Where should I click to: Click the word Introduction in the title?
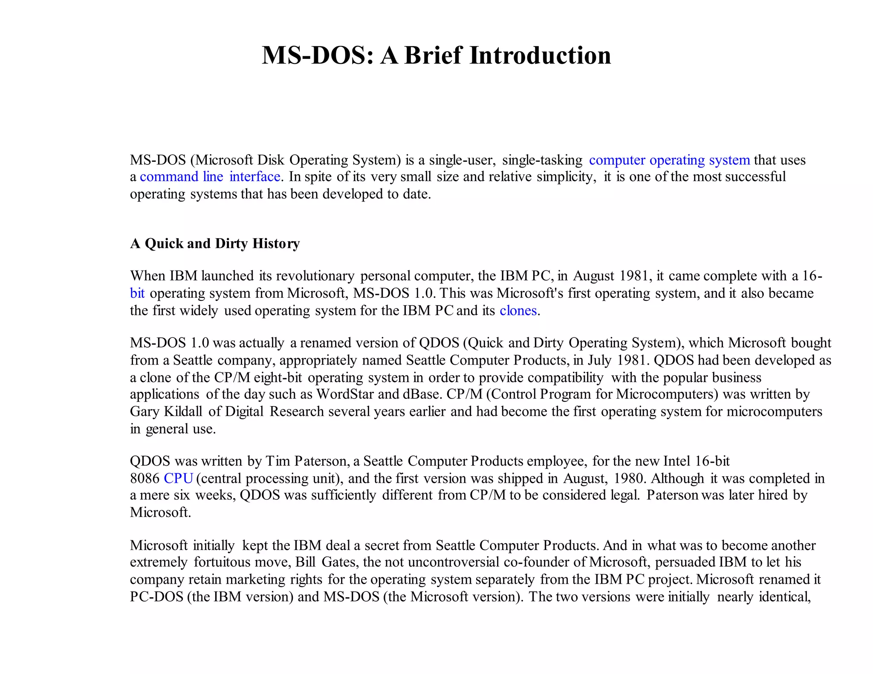(x=540, y=55)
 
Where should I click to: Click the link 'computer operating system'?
(x=669, y=160)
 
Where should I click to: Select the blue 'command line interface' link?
(x=210, y=176)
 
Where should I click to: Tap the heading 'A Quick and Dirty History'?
(x=215, y=243)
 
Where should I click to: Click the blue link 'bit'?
(x=137, y=293)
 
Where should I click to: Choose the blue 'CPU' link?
(x=179, y=478)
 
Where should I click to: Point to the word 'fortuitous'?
(x=222, y=562)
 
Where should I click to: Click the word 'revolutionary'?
(x=315, y=276)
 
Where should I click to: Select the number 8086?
(x=145, y=478)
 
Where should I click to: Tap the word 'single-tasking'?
(x=542, y=160)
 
